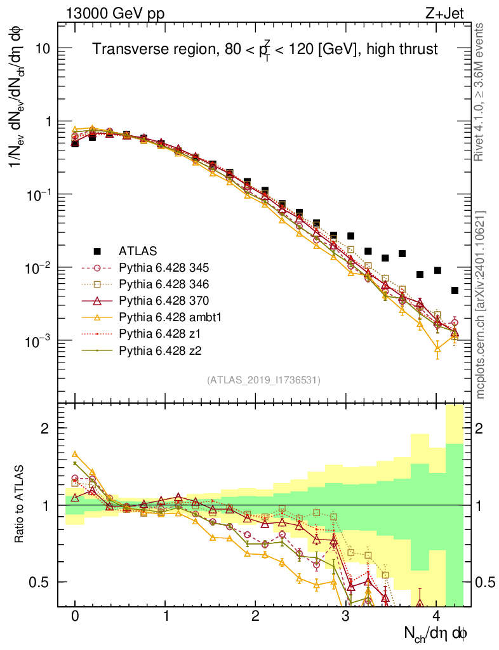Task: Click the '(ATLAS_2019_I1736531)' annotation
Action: pyautogui.click(x=263, y=380)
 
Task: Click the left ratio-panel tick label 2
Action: pyautogui.click(x=45, y=428)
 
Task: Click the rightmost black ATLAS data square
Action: pyautogui.click(x=455, y=290)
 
